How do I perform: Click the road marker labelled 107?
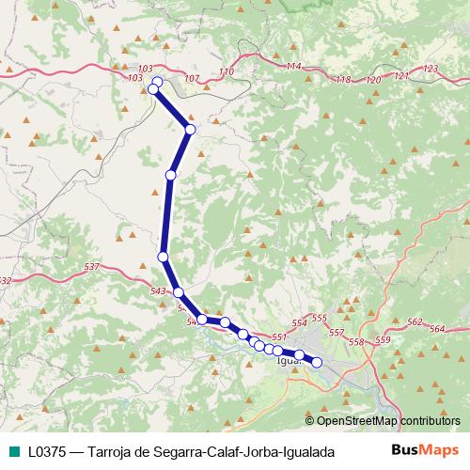click(193, 78)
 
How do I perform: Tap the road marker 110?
click(226, 72)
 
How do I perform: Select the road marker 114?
click(293, 66)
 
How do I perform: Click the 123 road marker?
click(431, 69)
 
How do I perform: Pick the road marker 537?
click(91, 268)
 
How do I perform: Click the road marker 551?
click(278, 337)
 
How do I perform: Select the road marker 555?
click(319, 319)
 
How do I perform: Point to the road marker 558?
click(355, 341)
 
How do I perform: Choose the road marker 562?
click(415, 322)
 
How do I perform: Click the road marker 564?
click(436, 329)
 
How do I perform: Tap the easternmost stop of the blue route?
click(317, 362)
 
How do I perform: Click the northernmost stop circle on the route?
click(158, 82)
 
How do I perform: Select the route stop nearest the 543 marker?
click(179, 292)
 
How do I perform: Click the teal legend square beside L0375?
click(13, 452)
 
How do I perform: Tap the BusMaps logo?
click(425, 451)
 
